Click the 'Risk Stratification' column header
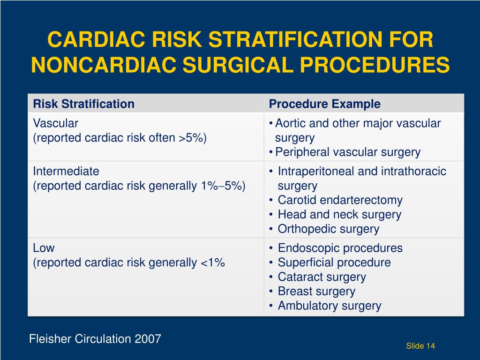[x=83, y=104]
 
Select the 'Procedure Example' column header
[x=324, y=104]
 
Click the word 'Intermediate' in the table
[x=66, y=171]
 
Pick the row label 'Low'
[x=44, y=248]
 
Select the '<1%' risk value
[x=213, y=262]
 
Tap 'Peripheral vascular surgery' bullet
[x=347, y=152]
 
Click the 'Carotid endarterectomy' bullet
[x=340, y=200]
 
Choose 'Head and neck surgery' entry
[x=339, y=215]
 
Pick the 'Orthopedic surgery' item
[x=328, y=229]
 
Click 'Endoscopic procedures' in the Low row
[x=340, y=248]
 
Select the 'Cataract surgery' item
[x=322, y=277]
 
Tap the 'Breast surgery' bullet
[x=316, y=291]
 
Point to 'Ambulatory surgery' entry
[x=329, y=306]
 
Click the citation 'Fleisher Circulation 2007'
[x=95, y=338]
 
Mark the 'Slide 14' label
[x=420, y=346]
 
